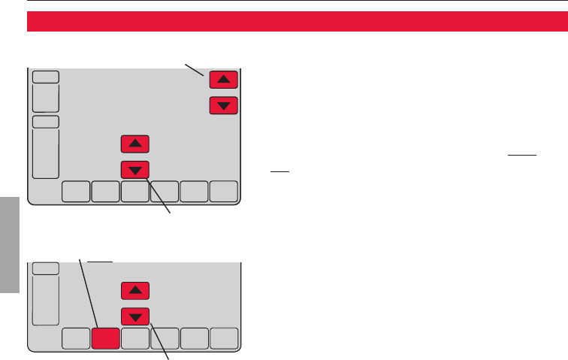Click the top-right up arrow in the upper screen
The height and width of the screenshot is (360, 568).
223,78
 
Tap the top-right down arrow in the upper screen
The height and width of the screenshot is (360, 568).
223,105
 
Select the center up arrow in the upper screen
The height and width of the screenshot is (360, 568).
134,143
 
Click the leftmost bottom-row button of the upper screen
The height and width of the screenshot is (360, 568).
74,192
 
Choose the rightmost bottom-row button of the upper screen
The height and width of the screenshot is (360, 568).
223,192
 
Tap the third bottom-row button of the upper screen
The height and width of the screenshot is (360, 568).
134,192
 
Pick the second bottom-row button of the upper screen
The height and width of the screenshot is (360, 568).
104,192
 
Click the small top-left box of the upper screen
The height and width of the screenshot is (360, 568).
45,77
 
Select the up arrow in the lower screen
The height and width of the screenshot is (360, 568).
134,290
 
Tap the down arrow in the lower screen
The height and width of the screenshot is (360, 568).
134,315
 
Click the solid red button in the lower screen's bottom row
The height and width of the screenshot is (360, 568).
104,340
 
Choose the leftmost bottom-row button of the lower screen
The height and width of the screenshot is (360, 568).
74,340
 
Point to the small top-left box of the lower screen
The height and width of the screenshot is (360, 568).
45,268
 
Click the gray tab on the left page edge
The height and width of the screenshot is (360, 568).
9,244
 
